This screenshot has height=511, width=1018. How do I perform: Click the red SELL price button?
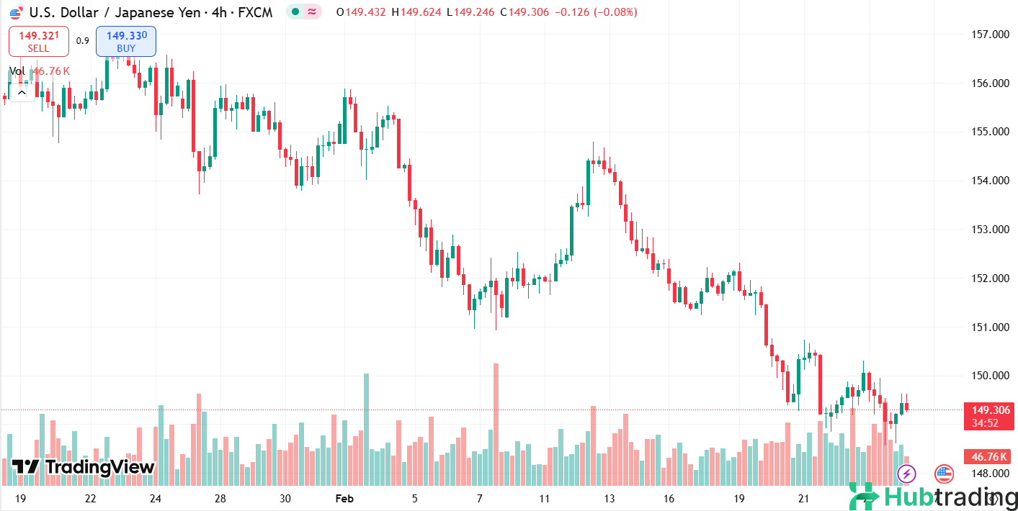click(39, 41)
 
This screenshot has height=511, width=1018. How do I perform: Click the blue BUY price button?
click(126, 41)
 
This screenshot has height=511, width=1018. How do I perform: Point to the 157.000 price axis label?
click(988, 35)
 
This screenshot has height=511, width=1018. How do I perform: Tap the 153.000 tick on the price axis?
click(988, 230)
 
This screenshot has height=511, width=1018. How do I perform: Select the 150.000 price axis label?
click(988, 376)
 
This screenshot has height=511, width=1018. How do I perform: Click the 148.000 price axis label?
click(988, 473)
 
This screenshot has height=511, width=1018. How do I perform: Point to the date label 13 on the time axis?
click(609, 499)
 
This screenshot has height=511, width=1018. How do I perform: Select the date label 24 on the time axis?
click(155, 499)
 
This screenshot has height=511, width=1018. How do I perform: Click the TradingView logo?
click(84, 467)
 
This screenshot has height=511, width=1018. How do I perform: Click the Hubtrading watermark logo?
click(933, 496)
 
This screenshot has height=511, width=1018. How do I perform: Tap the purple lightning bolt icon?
click(906, 474)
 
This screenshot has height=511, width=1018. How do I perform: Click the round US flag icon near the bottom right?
click(944, 474)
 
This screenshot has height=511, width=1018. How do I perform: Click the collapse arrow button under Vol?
click(22, 91)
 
